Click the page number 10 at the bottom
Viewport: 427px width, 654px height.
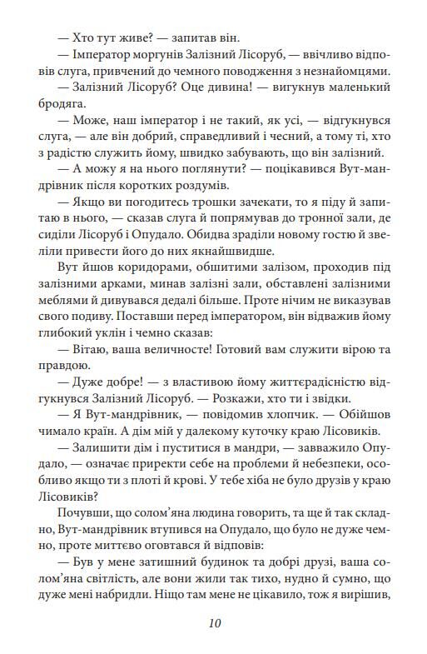pos(214,622)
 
